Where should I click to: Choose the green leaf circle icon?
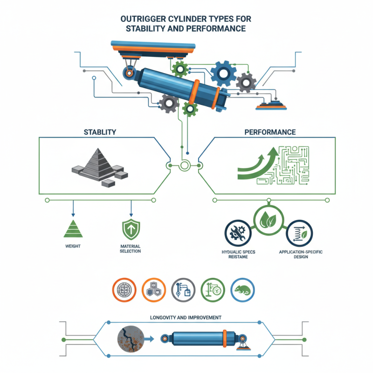266,219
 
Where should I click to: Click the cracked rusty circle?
130,339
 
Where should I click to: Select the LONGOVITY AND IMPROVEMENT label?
186,318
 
